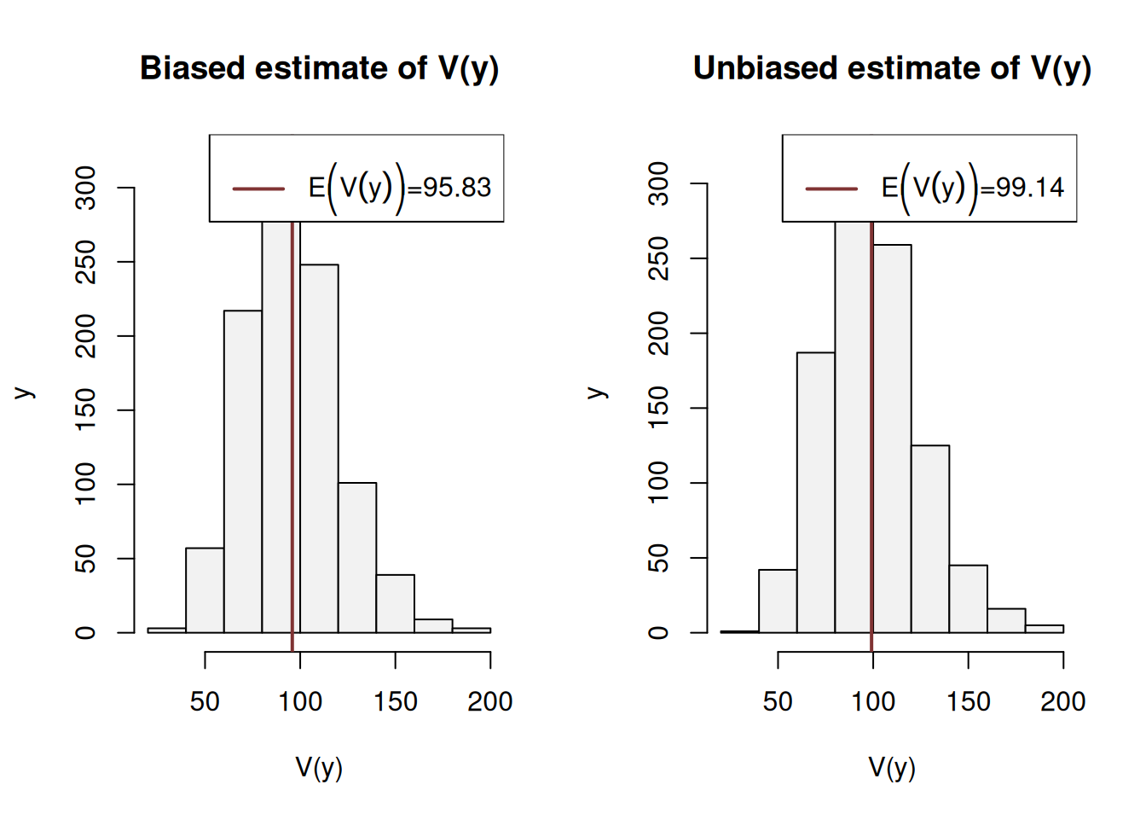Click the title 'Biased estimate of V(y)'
319,68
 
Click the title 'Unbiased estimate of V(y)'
892,68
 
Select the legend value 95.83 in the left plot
457,188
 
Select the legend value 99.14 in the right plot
1030,188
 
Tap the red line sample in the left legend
258,189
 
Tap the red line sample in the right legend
831,189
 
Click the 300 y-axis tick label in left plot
86,188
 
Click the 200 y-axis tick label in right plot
659,334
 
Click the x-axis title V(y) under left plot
319,768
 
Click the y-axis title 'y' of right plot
597,392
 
